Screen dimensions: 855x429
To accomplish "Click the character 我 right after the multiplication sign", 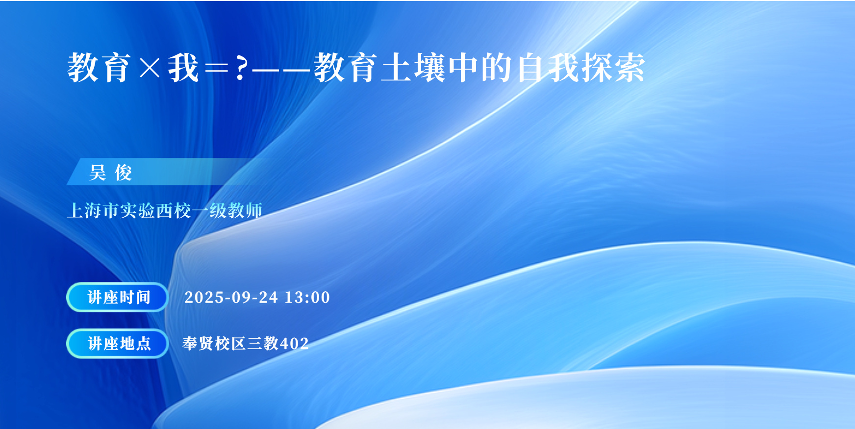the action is click(183, 68).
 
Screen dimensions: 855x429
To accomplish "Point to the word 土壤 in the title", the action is click(413, 68).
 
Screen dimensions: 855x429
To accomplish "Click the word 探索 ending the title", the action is click(613, 68).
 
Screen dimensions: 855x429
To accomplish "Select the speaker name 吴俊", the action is click(111, 173).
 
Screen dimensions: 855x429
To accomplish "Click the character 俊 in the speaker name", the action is click(124, 173).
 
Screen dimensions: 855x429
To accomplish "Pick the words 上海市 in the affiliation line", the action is click(93, 210).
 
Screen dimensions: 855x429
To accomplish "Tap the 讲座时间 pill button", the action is click(117, 297).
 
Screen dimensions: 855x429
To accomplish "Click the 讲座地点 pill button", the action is click(117, 343).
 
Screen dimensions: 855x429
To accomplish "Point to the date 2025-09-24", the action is click(231, 297).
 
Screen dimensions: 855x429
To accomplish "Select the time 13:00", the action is click(307, 297).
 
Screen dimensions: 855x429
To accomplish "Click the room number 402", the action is click(294, 343).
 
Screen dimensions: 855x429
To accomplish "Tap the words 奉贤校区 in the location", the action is click(214, 343).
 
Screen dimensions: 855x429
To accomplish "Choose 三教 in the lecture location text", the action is click(263, 343).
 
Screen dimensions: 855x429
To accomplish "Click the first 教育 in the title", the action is click(99, 68).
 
